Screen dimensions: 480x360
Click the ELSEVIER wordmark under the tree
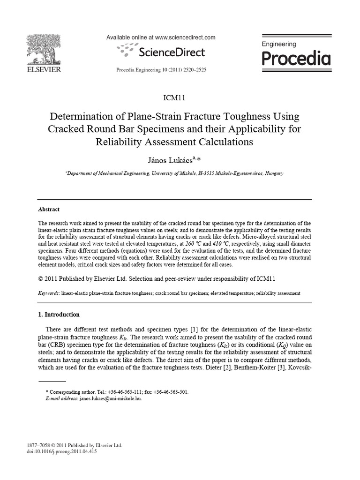(44, 70)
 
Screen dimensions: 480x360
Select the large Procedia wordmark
(295, 59)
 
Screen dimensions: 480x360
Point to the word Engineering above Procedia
(278, 44)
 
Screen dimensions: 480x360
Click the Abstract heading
(48, 210)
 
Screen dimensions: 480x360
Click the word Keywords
(48, 293)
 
